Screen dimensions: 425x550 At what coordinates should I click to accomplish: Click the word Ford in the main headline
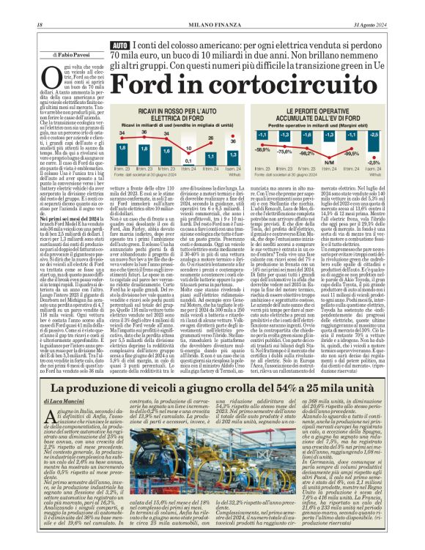click(x=150, y=86)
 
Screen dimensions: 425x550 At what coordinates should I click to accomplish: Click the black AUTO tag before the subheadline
click(x=120, y=46)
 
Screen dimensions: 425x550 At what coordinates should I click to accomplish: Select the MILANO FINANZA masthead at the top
click(x=212, y=7)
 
